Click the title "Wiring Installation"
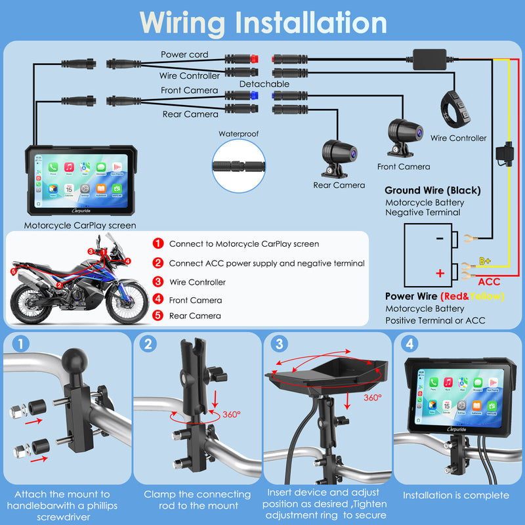(262, 22)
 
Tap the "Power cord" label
(184, 54)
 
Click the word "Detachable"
(264, 85)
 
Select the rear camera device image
(337, 157)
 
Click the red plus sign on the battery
(440, 272)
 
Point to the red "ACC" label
(490, 282)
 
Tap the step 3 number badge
(280, 345)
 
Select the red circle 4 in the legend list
(158, 300)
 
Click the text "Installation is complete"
(455, 495)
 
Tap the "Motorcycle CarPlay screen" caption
(80, 226)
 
